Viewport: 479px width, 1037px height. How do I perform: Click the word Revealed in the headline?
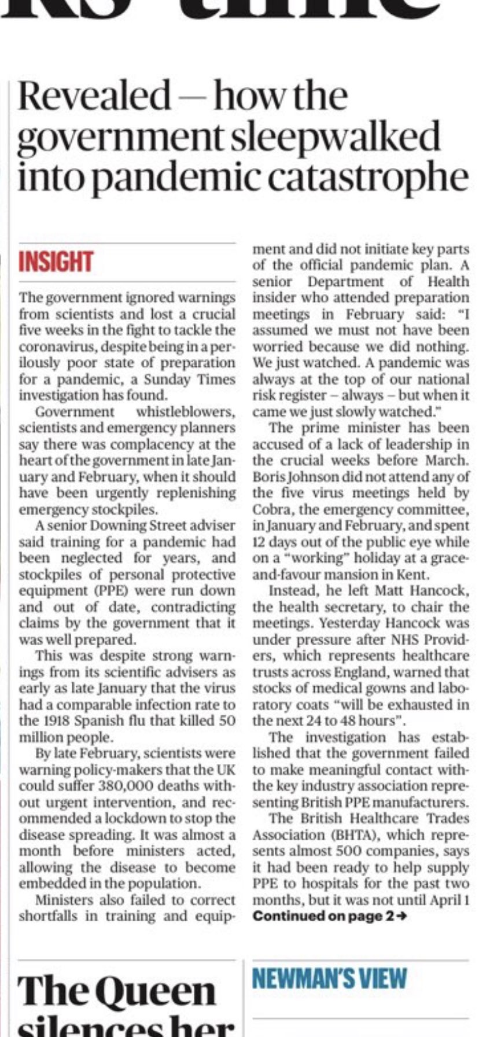click(x=94, y=96)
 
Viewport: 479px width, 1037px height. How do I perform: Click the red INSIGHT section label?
click(x=56, y=262)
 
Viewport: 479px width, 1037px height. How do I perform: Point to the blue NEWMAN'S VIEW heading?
click(x=330, y=978)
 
